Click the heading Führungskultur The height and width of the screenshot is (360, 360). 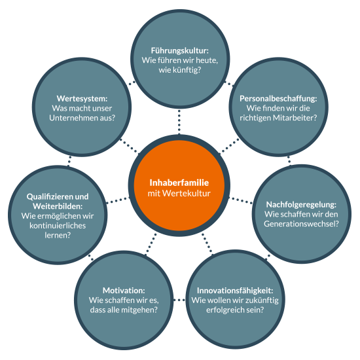click(180, 51)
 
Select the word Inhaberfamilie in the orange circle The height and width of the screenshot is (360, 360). click(179, 183)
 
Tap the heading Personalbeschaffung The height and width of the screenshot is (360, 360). click(278, 99)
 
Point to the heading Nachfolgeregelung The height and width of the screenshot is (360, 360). click(301, 204)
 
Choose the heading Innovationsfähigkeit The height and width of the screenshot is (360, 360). click(235, 291)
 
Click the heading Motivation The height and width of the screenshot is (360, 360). click(124, 291)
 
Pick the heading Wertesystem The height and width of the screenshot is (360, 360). click(82, 99)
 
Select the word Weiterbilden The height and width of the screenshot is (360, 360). click(58, 206)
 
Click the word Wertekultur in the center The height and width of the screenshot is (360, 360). click(186, 193)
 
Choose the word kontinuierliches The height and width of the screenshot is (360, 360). click(58, 225)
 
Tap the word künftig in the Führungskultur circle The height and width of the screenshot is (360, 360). click(184, 70)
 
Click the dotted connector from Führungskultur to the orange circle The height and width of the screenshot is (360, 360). click(179, 122)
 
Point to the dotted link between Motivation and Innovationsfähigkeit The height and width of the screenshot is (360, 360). click(179, 300)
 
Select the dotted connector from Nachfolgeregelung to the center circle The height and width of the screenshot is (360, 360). click(241, 200)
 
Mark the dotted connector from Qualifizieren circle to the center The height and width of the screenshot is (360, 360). click(118, 200)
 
